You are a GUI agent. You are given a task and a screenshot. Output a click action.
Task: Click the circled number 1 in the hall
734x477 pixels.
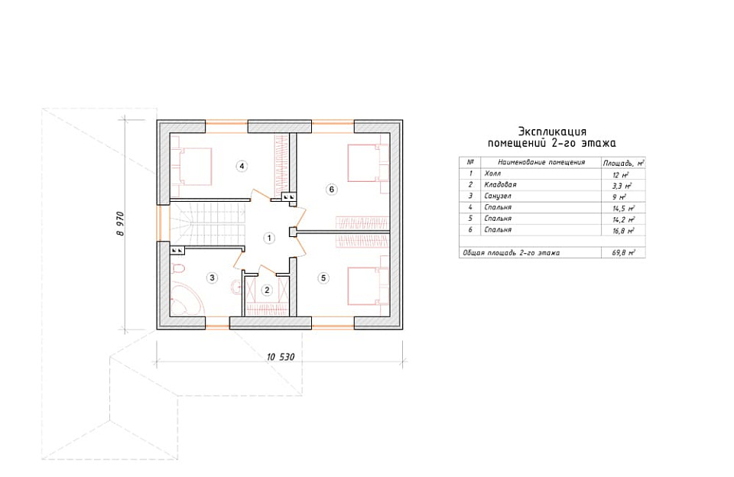(269, 238)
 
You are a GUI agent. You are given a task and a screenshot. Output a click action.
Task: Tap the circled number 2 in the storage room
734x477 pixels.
(267, 290)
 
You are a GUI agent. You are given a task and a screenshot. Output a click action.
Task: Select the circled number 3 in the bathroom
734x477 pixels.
(212, 278)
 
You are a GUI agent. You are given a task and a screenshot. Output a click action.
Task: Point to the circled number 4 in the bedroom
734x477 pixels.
(242, 166)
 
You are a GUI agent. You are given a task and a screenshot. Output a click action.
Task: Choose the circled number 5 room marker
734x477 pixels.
(323, 278)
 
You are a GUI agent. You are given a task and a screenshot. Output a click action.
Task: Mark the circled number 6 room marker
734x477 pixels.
(332, 189)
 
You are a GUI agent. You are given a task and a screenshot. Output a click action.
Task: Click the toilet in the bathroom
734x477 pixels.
(178, 268)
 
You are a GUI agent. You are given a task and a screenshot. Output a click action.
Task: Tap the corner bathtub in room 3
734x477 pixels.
(187, 298)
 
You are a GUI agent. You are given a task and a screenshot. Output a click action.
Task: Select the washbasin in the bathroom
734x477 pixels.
(236, 287)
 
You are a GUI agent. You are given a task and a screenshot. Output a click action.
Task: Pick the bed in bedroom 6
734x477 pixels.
(369, 163)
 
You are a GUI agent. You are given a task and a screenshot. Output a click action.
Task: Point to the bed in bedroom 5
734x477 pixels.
(369, 286)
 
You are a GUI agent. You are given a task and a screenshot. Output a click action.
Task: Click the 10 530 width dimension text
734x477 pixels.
(281, 357)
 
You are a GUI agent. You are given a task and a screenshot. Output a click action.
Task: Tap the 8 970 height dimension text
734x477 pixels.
(121, 223)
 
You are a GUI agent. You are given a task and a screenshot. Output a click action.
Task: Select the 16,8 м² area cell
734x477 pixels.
(624, 231)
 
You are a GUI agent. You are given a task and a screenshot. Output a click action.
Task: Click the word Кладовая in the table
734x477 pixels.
(500, 185)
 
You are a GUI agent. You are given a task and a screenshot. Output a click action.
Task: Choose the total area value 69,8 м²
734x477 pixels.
(624, 253)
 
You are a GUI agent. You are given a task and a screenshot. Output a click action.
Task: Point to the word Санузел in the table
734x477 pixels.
(498, 196)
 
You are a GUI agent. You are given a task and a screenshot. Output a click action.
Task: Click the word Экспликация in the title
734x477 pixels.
(552, 131)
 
